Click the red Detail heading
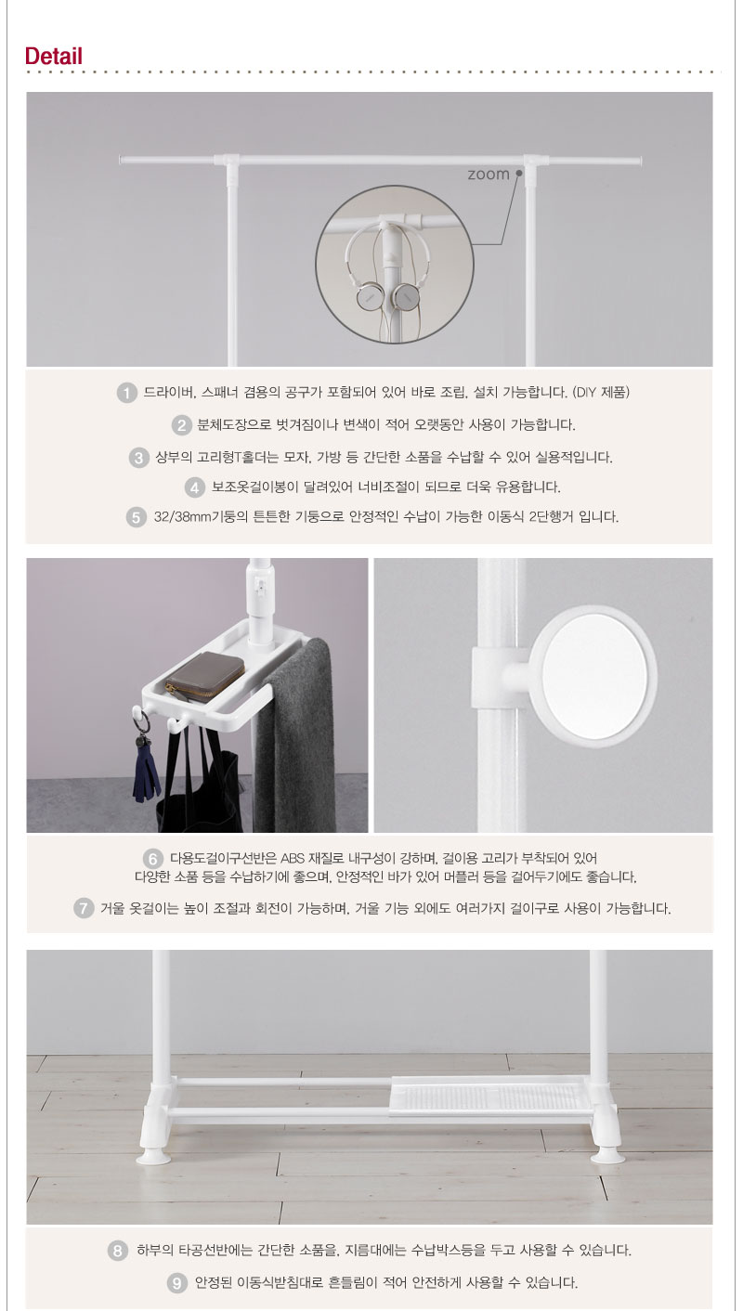(53, 57)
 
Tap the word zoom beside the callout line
(488, 175)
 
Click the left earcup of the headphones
(369, 297)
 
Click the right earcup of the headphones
(405, 297)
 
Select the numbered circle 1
(126, 393)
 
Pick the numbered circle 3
(138, 458)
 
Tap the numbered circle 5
(137, 517)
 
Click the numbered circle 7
(84, 908)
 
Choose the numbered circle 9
(176, 1283)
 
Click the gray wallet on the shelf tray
(204, 677)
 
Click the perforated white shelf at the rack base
(490, 1095)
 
